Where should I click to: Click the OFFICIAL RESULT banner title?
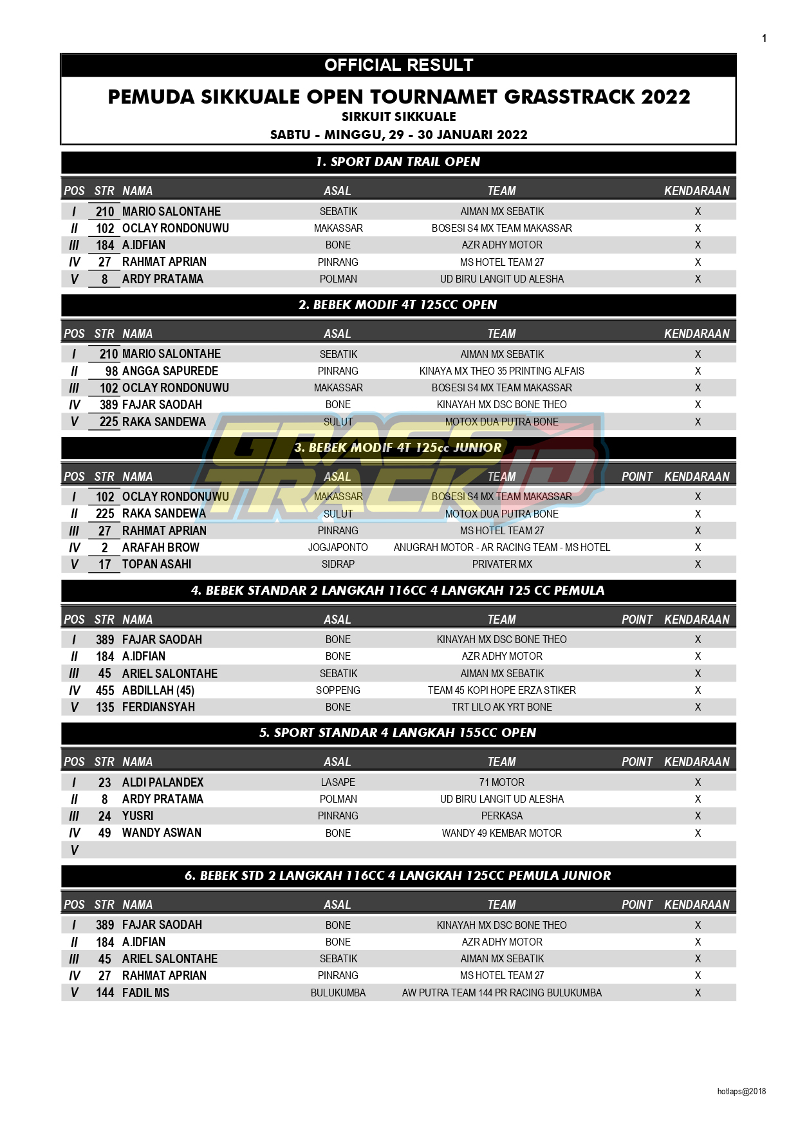tap(398, 65)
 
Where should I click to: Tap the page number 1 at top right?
tap(764, 39)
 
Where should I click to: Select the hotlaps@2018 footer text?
tap(741, 1091)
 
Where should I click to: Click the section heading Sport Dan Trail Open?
tap(398, 162)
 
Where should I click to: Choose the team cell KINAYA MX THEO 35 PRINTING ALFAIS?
tap(501, 371)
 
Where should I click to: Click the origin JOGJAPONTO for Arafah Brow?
tap(338, 548)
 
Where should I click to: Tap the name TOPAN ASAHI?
tap(156, 564)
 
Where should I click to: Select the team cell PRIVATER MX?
tap(502, 564)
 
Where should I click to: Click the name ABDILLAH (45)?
tap(158, 691)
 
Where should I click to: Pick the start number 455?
tap(105, 691)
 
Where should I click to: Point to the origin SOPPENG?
tap(338, 691)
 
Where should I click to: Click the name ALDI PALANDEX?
tap(163, 783)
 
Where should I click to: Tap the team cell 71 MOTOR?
tap(502, 783)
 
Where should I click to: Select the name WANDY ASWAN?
tap(162, 833)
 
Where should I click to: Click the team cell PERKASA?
tap(502, 816)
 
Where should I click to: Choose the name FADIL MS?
tap(145, 993)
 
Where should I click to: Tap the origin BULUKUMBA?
tap(338, 993)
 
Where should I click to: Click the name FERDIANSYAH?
tap(158, 707)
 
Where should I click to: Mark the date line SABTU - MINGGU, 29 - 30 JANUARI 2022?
tap(398, 135)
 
